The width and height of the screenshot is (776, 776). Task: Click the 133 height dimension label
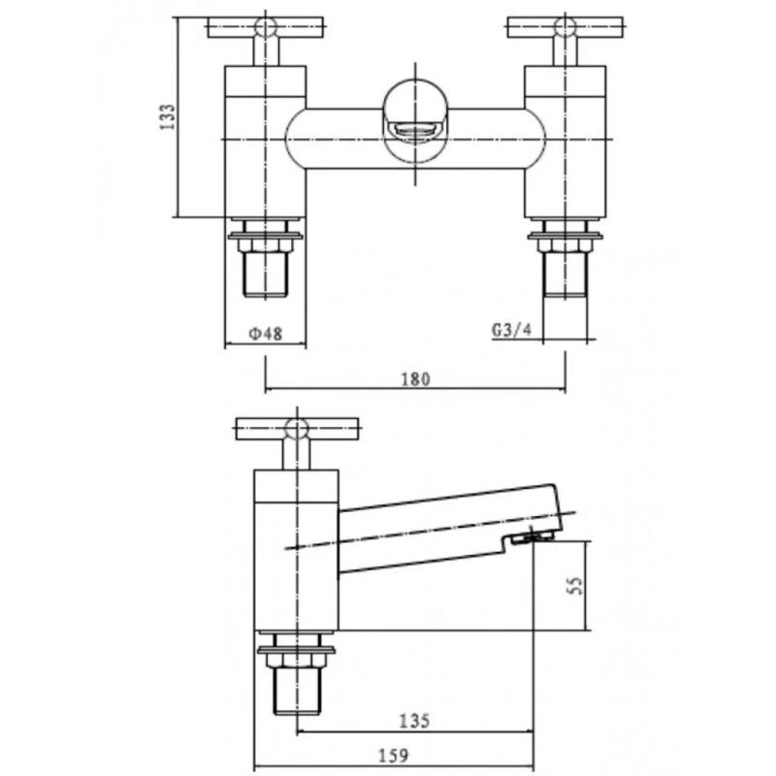pyautogui.click(x=167, y=117)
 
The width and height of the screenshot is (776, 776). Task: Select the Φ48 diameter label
pyautogui.click(x=265, y=334)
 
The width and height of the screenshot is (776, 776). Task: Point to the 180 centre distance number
pyautogui.click(x=415, y=379)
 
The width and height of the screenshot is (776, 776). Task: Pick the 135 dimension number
pyautogui.click(x=415, y=722)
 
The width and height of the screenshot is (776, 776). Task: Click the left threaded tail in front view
pyautogui.click(x=265, y=274)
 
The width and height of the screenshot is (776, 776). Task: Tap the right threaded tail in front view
pyautogui.click(x=565, y=274)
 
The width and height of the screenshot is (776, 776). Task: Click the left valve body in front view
pyautogui.click(x=265, y=141)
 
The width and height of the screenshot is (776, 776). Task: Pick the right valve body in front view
pyautogui.click(x=565, y=141)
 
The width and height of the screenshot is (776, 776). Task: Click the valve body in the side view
pyautogui.click(x=296, y=553)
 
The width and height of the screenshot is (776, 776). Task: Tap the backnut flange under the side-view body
pyautogui.click(x=296, y=648)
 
